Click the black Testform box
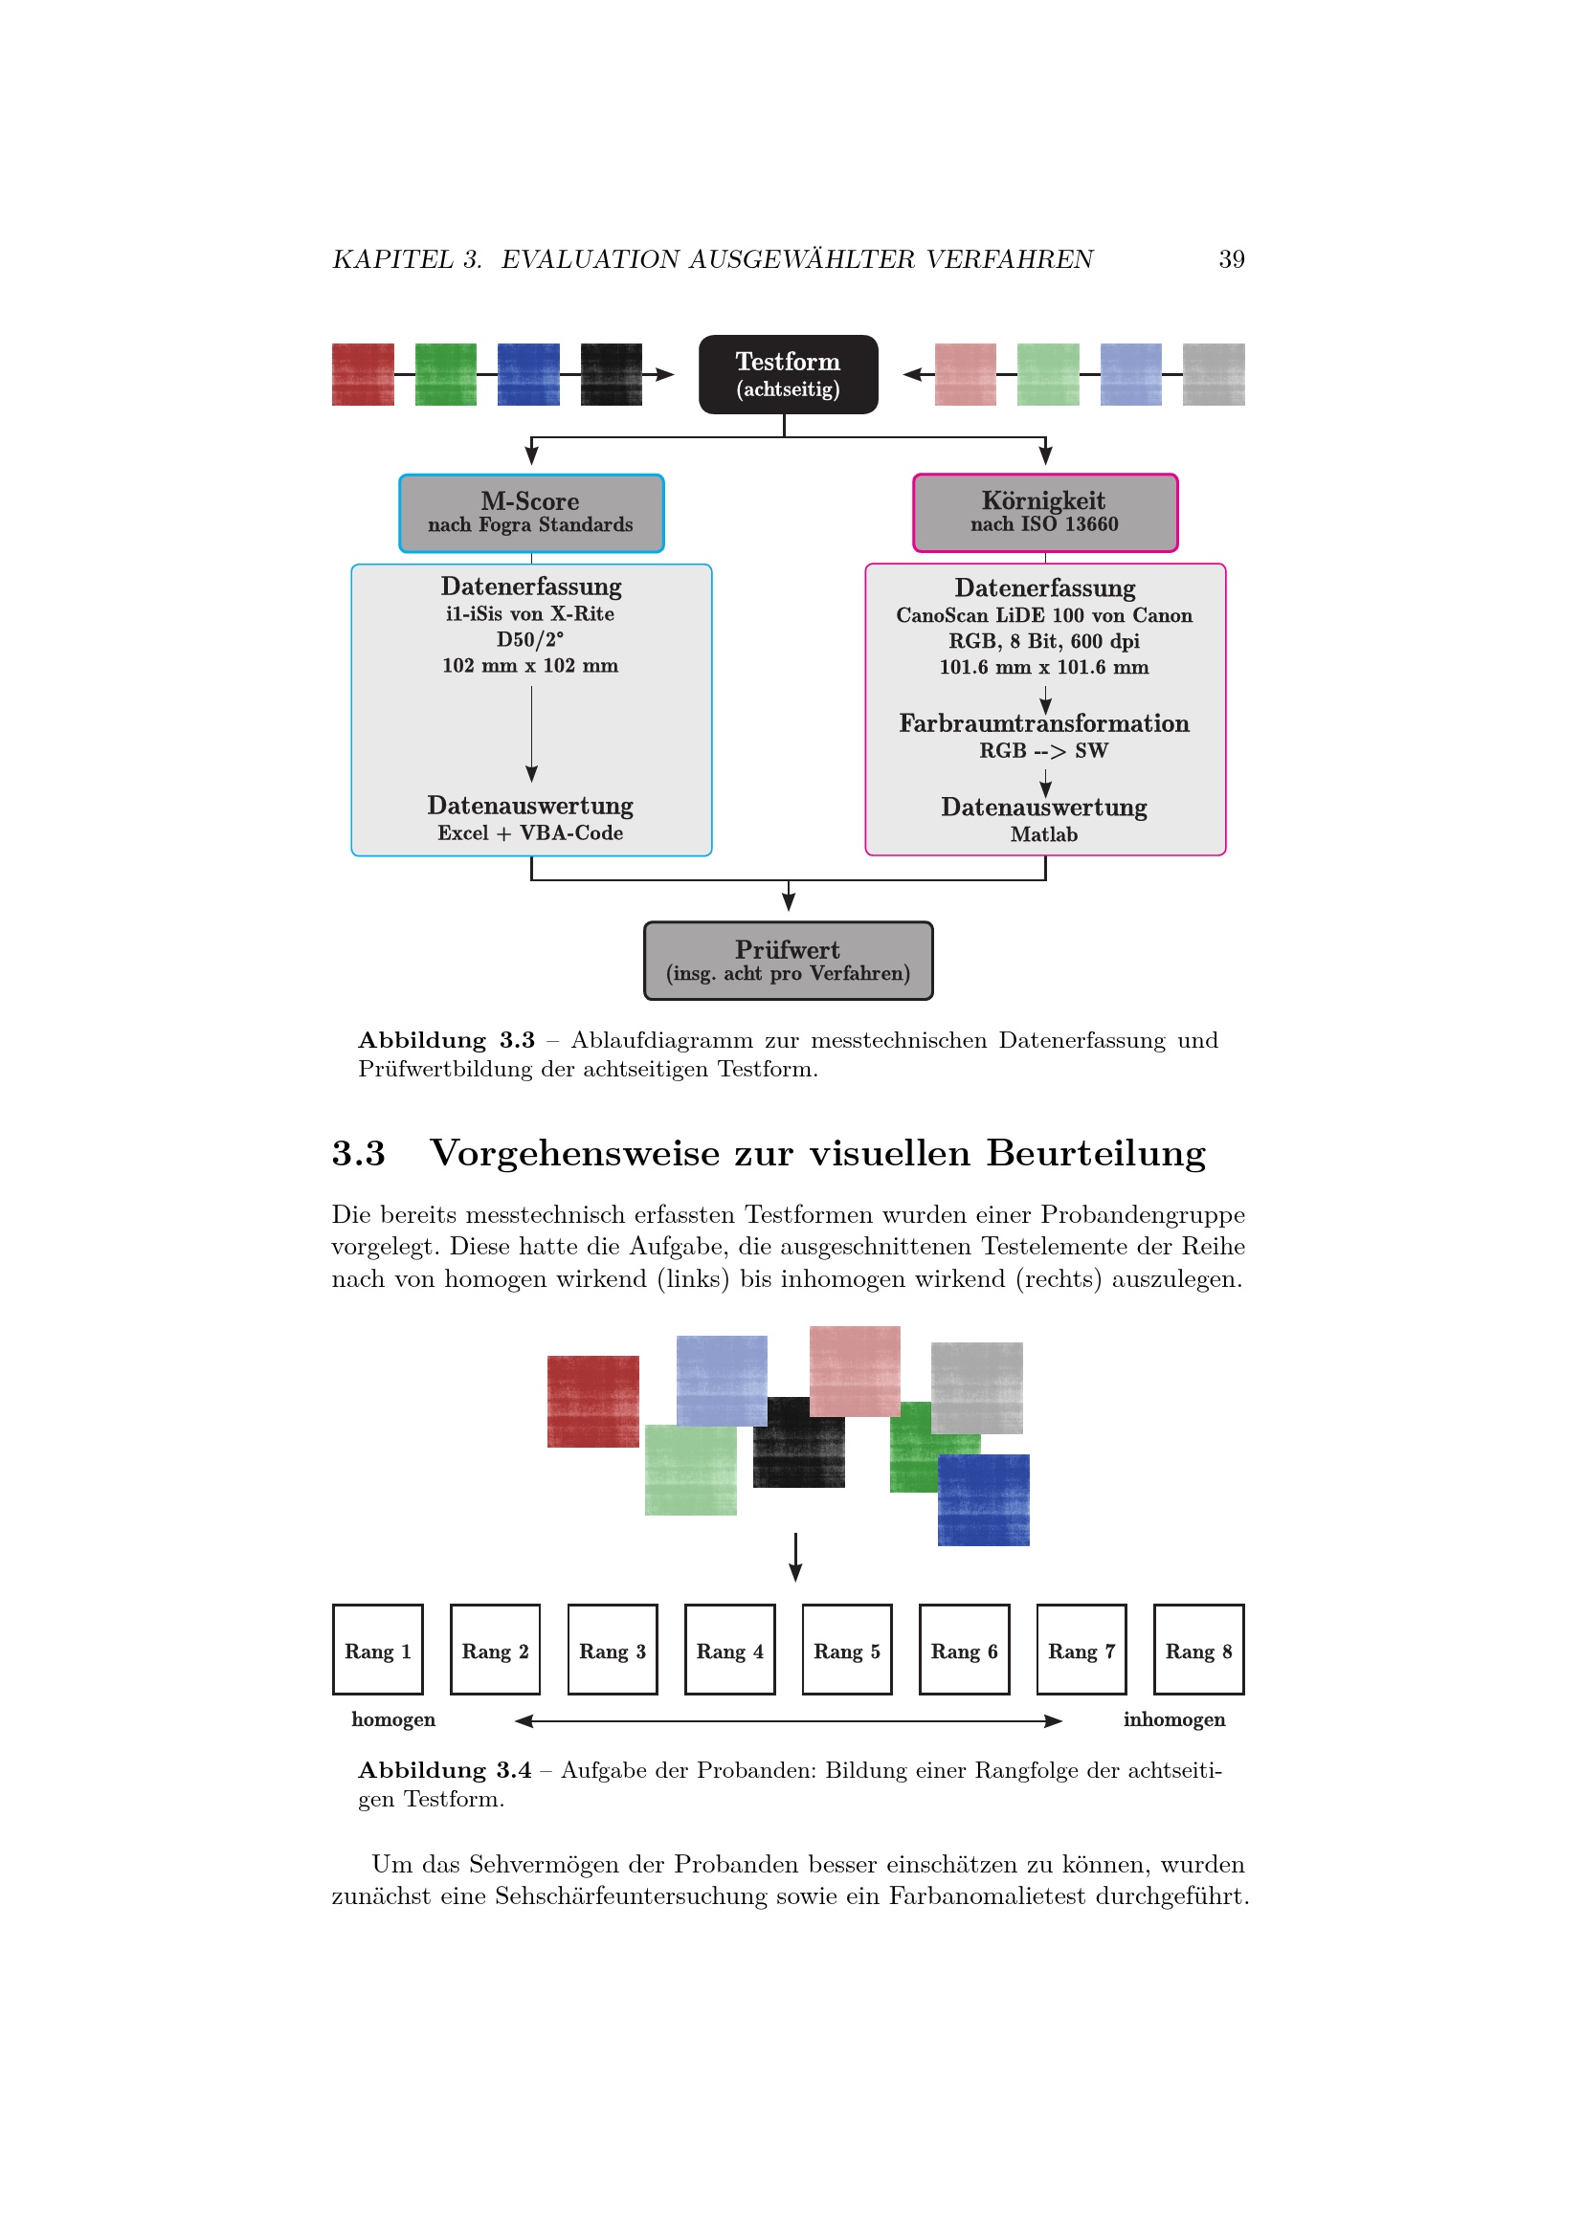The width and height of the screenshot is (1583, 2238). point(788,374)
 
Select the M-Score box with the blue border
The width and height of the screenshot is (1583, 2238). point(531,513)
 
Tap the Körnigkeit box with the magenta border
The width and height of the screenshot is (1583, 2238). point(1045,513)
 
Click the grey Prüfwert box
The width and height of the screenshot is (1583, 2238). point(788,960)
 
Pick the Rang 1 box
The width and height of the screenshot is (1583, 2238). point(378,1651)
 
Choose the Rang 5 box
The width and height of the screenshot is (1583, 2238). point(847,1651)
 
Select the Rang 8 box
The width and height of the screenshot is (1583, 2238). point(1198,1651)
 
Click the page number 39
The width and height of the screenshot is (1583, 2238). point(1231,259)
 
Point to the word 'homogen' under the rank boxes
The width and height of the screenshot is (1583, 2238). point(392,1719)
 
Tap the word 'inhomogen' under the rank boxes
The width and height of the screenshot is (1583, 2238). point(1173,1719)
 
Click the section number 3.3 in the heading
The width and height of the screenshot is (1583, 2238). point(359,1153)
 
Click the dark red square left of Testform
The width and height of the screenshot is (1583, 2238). point(363,374)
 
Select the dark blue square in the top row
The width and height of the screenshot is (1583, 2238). point(528,374)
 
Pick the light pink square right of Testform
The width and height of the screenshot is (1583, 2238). point(965,374)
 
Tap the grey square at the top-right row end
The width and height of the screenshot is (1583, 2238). point(1214,374)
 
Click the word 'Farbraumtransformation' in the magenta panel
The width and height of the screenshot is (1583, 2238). point(1044,723)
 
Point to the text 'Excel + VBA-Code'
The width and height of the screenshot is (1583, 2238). point(530,833)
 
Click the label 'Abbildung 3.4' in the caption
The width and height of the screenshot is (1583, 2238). point(444,1770)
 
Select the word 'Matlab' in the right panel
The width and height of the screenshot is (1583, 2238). point(1044,834)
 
